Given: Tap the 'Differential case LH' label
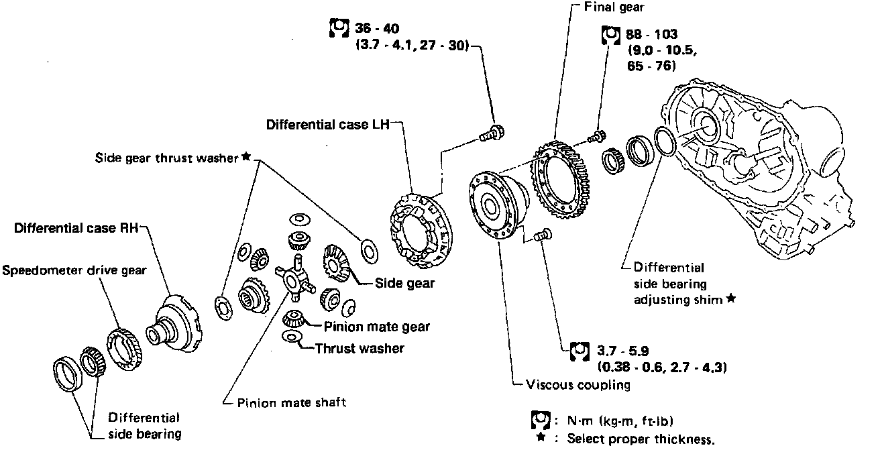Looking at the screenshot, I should [327, 125].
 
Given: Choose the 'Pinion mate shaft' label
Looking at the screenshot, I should [292, 402].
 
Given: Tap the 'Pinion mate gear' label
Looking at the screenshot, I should [376, 327].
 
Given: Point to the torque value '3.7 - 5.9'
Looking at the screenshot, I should [621, 350].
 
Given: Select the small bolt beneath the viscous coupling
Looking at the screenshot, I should [542, 235].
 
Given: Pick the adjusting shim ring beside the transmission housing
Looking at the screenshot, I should [663, 144].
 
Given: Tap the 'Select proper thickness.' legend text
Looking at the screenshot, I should [640, 440].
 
